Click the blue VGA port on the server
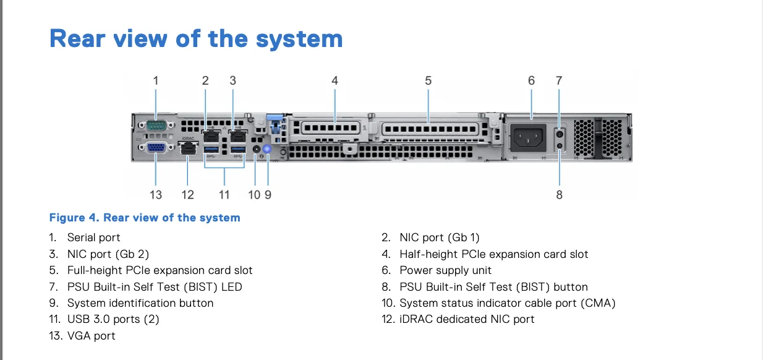pyautogui.click(x=155, y=148)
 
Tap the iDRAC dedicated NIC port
pyautogui.click(x=187, y=148)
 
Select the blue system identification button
pyautogui.click(x=268, y=148)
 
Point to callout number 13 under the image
pyautogui.click(x=156, y=195)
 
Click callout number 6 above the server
pyautogui.click(x=531, y=80)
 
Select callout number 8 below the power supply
pyautogui.click(x=560, y=195)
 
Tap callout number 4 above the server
pyautogui.click(x=335, y=80)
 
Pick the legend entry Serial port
pyautogui.click(x=93, y=238)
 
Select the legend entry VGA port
pyautogui.click(x=91, y=336)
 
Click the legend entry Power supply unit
pyautogui.click(x=445, y=270)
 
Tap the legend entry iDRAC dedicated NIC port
pyautogui.click(x=467, y=319)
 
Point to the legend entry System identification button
pyautogui.click(x=140, y=303)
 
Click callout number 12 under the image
pyautogui.click(x=187, y=195)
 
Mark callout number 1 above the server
pyautogui.click(x=156, y=80)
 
